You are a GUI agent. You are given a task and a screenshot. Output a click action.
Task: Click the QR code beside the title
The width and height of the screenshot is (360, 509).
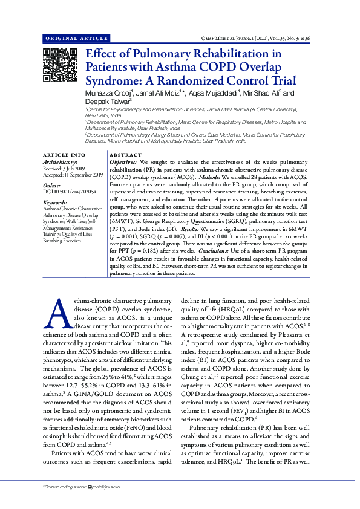pyautogui.click(x=59, y=65)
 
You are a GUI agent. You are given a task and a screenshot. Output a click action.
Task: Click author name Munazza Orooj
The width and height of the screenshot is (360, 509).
pyautogui.click(x=109, y=94)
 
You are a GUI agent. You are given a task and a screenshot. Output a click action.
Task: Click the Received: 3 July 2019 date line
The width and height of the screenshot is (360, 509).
pyautogui.click(x=64, y=169)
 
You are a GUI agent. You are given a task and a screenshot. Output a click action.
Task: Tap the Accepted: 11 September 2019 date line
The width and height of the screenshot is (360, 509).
pyautogui.click(x=73, y=175)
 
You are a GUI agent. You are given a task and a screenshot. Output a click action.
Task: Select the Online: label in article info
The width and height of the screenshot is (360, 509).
pyautogui.click(x=52, y=185)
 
